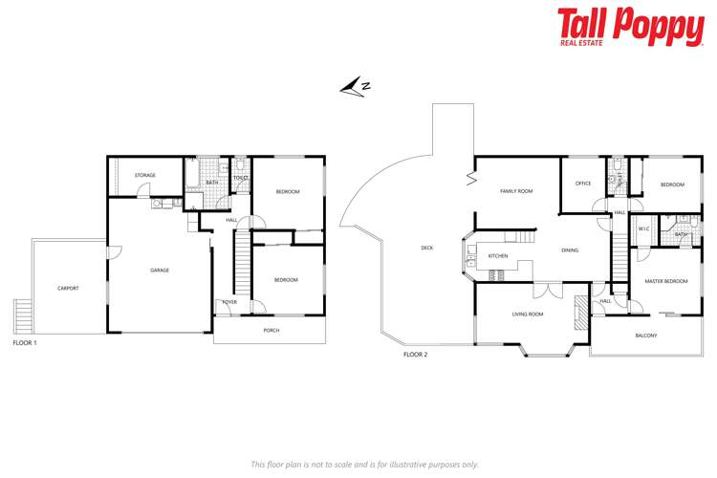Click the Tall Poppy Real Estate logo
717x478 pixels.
[631, 28]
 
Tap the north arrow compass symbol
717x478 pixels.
[356, 87]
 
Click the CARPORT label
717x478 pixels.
[67, 287]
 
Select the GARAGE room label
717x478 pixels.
[160, 271]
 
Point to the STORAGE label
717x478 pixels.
[144, 175]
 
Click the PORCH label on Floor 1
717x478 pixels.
[272, 331]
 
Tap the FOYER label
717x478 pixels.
[229, 301]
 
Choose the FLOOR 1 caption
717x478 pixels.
[27, 341]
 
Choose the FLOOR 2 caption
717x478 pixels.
[415, 354]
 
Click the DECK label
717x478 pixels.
[426, 249]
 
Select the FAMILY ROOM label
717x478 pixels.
[516, 191]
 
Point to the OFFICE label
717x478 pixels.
[583, 184]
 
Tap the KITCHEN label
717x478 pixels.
[498, 256]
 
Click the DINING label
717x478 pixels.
[570, 250]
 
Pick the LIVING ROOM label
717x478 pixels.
[528, 314]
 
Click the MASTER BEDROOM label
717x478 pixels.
[665, 281]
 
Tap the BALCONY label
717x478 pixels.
[646, 336]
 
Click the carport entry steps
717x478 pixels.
[22, 315]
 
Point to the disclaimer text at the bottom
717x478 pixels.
[363, 464]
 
